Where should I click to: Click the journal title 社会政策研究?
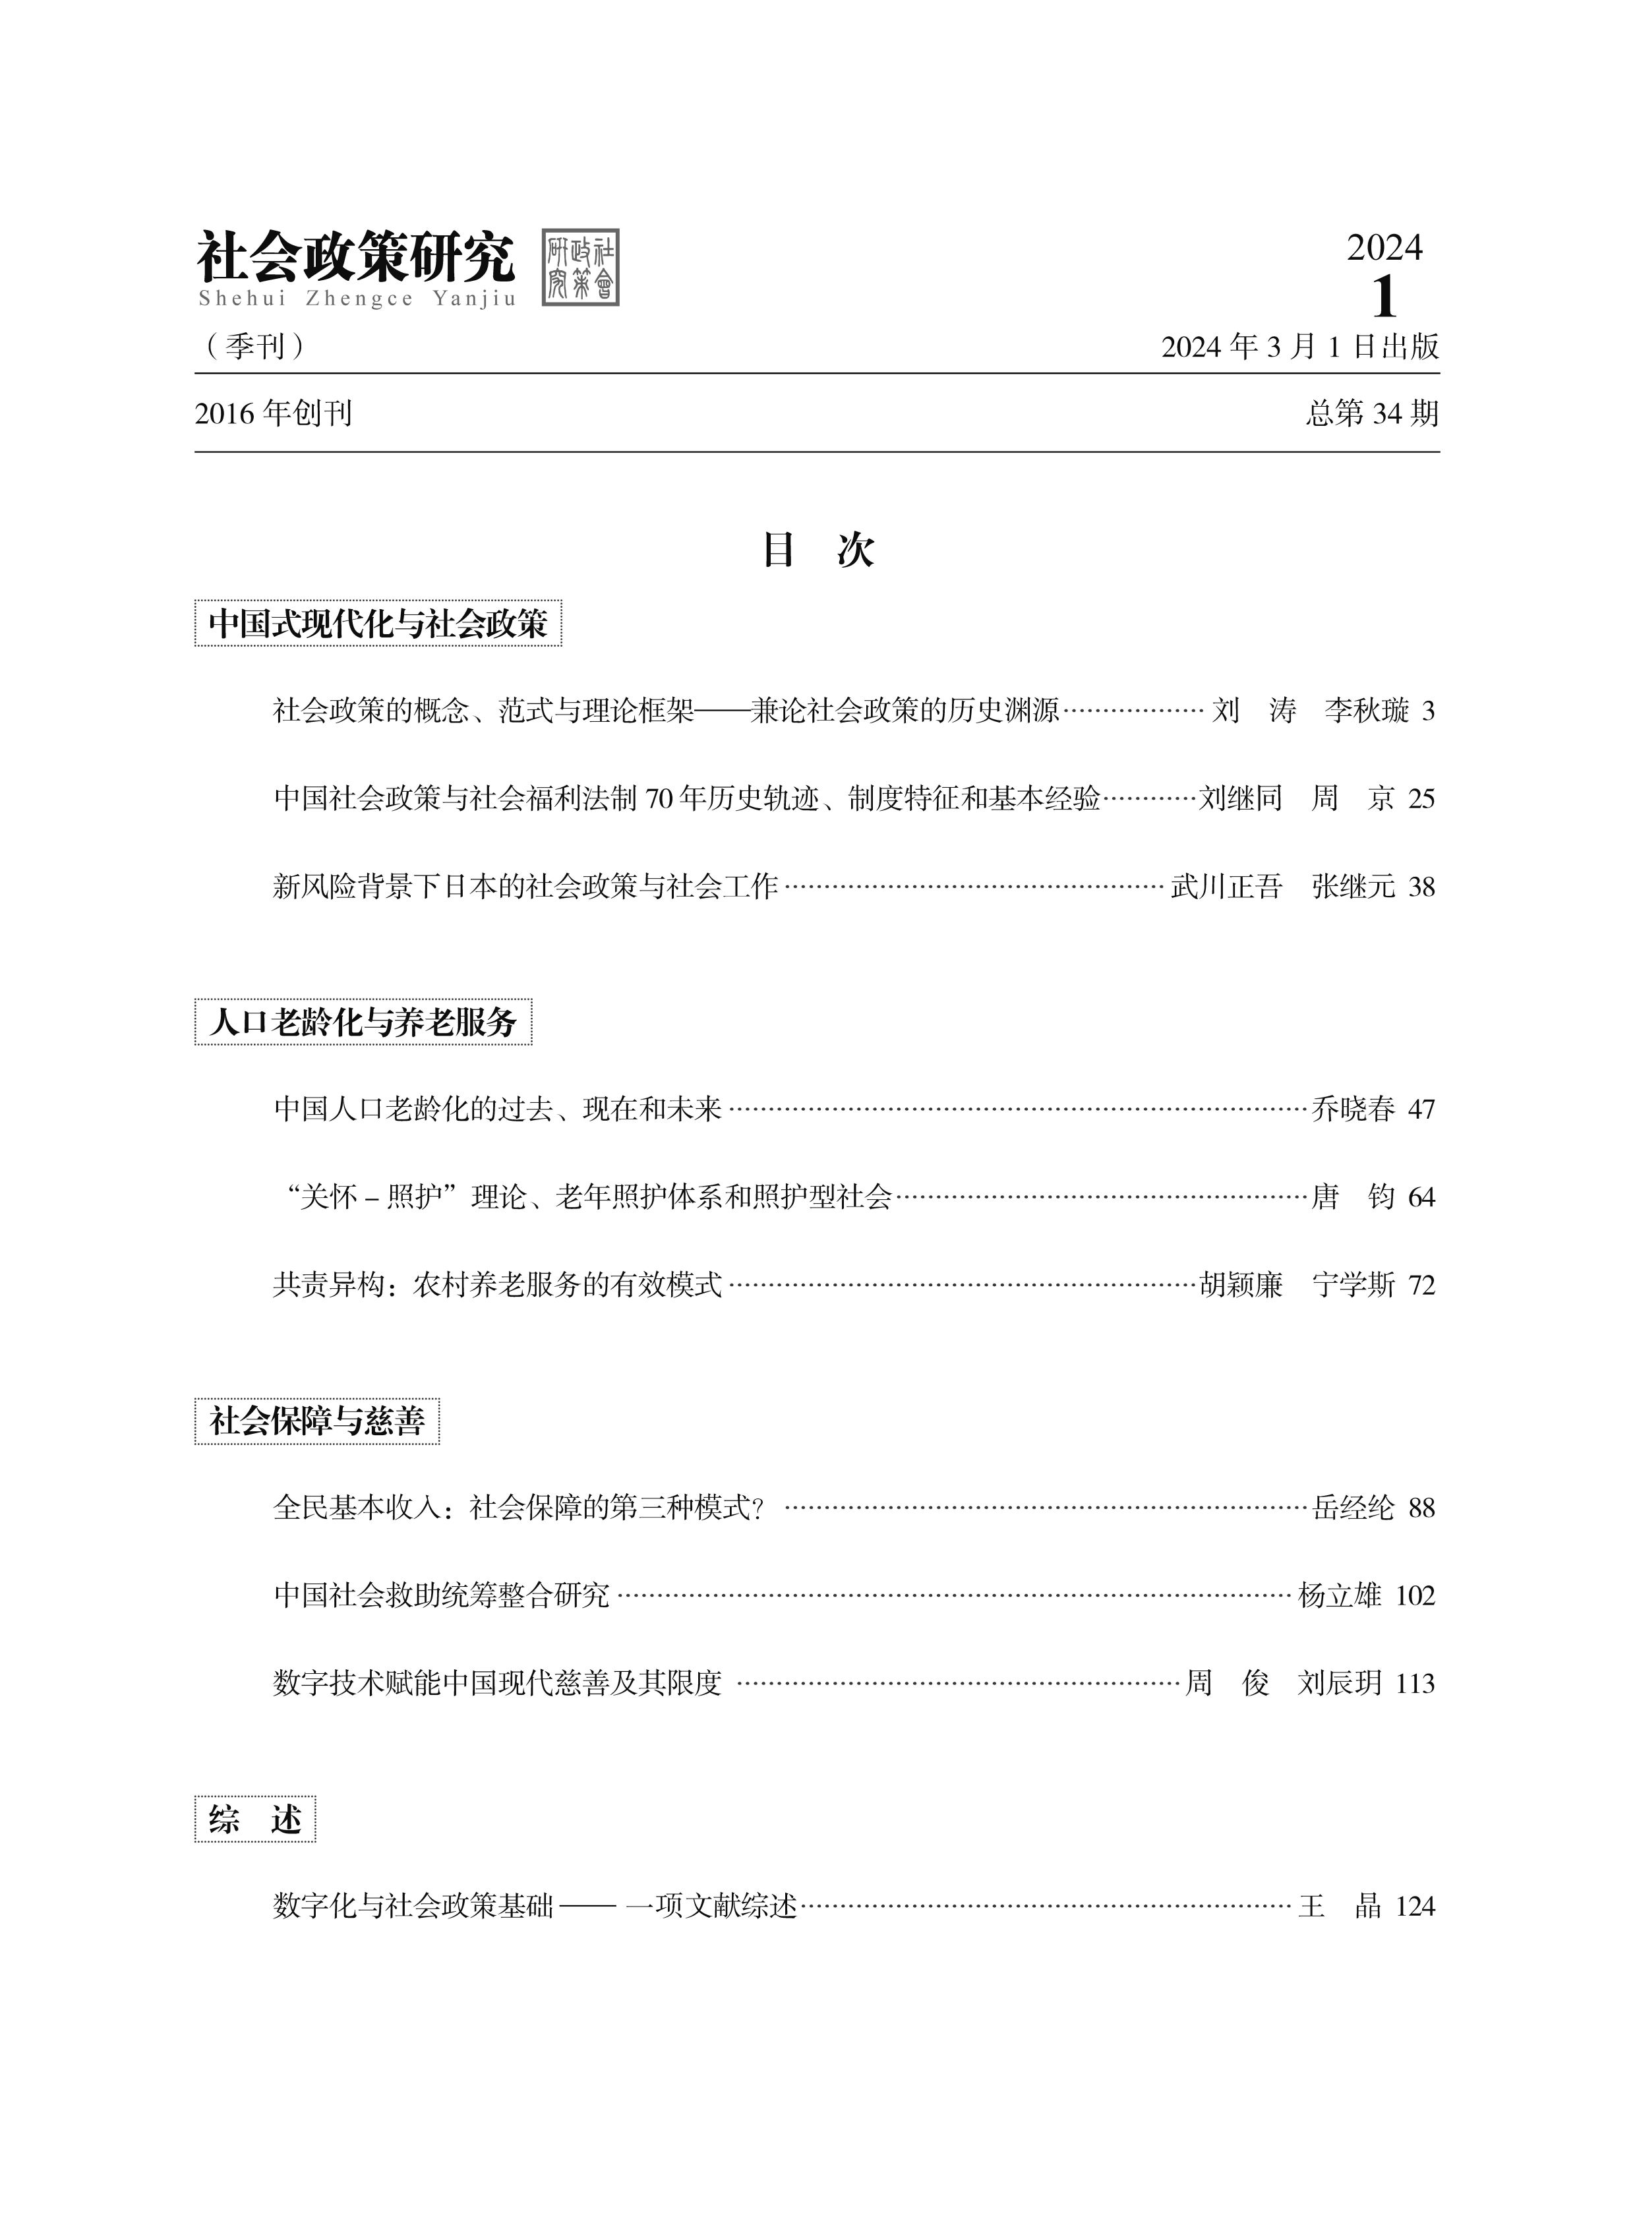[x=356, y=256]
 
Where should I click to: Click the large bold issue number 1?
[x=1384, y=296]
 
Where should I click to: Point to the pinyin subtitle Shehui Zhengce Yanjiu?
[x=356, y=299]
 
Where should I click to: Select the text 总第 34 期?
[x=1372, y=413]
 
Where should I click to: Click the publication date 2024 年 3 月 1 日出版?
[x=1299, y=346]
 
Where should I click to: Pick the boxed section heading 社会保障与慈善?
[x=316, y=1421]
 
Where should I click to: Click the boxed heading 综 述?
[x=255, y=1819]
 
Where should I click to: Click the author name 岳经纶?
[x=1353, y=1508]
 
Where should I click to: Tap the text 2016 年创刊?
[x=273, y=413]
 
